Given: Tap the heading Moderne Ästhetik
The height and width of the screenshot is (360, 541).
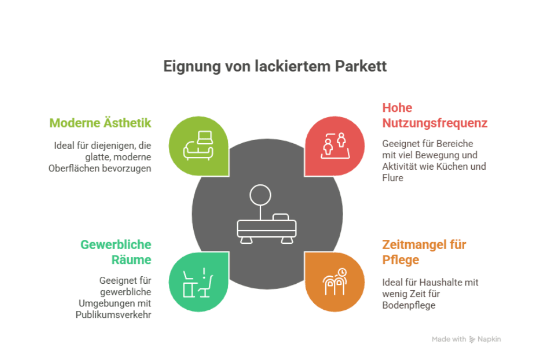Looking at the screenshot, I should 100,123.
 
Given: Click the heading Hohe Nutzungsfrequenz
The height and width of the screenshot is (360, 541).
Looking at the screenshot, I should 434,115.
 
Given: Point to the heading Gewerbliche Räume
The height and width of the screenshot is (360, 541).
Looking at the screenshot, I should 116,252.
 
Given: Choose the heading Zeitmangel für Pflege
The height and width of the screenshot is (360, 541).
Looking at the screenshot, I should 424,252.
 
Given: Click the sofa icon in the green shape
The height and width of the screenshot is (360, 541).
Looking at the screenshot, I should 200,145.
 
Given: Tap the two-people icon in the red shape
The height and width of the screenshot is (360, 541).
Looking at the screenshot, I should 334,145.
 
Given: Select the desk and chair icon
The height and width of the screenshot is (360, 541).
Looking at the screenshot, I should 198,282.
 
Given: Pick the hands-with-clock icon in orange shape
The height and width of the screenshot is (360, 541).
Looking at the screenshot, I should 334,282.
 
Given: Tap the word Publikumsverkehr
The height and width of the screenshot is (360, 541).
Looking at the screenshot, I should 113,314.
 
